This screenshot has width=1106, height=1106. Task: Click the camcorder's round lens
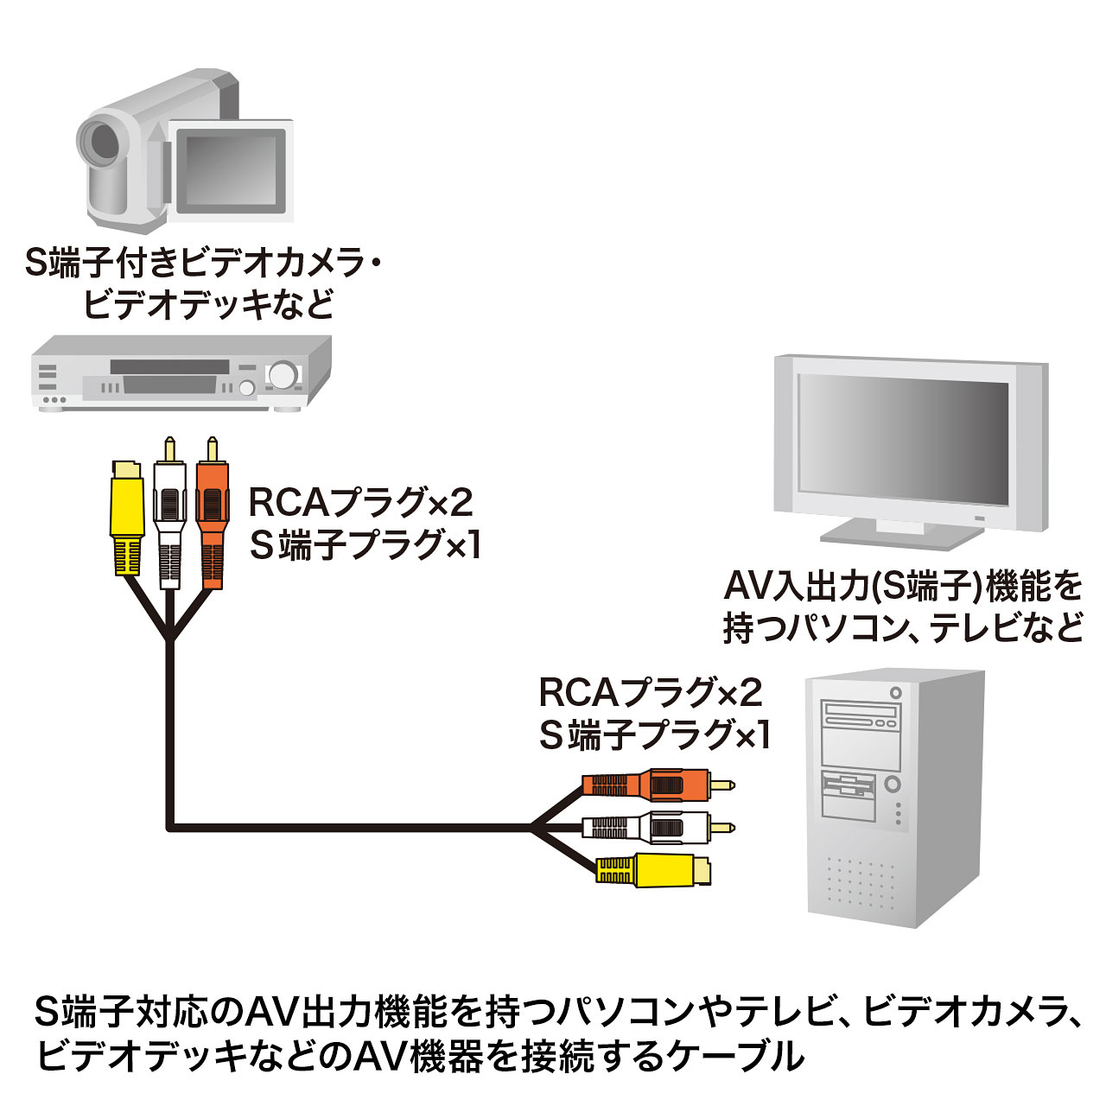tap(102, 143)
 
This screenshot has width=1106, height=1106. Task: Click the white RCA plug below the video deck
tap(169, 510)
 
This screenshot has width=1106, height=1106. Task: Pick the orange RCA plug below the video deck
tap(212, 510)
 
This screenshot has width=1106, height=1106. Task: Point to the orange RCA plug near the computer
tap(657, 785)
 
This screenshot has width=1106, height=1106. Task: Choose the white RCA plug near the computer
tap(657, 828)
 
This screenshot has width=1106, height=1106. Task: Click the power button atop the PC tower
tap(895, 692)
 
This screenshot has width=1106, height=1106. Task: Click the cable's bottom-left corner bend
tap(171, 827)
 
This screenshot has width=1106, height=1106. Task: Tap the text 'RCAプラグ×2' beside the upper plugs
tap(361, 502)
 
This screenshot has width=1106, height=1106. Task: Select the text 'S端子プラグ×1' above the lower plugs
tap(654, 734)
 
